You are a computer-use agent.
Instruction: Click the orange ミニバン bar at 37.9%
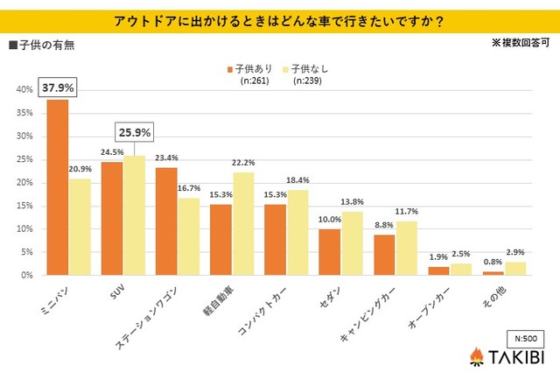pyautogui.click(x=58, y=187)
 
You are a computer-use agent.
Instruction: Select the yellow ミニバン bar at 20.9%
pyautogui.click(x=80, y=227)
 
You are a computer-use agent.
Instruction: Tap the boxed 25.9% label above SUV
pyautogui.click(x=134, y=134)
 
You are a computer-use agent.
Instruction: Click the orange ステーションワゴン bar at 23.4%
pyautogui.click(x=166, y=221)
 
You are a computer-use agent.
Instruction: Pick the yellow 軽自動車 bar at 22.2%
pyautogui.click(x=242, y=223)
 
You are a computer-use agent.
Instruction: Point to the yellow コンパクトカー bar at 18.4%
pyautogui.click(x=297, y=232)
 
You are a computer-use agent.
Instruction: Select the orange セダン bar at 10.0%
pyautogui.click(x=329, y=252)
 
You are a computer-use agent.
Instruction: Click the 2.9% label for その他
pyautogui.click(x=514, y=252)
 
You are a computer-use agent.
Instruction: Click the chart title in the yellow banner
pyautogui.click(x=279, y=19)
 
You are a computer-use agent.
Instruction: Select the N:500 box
pyautogui.click(x=523, y=335)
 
